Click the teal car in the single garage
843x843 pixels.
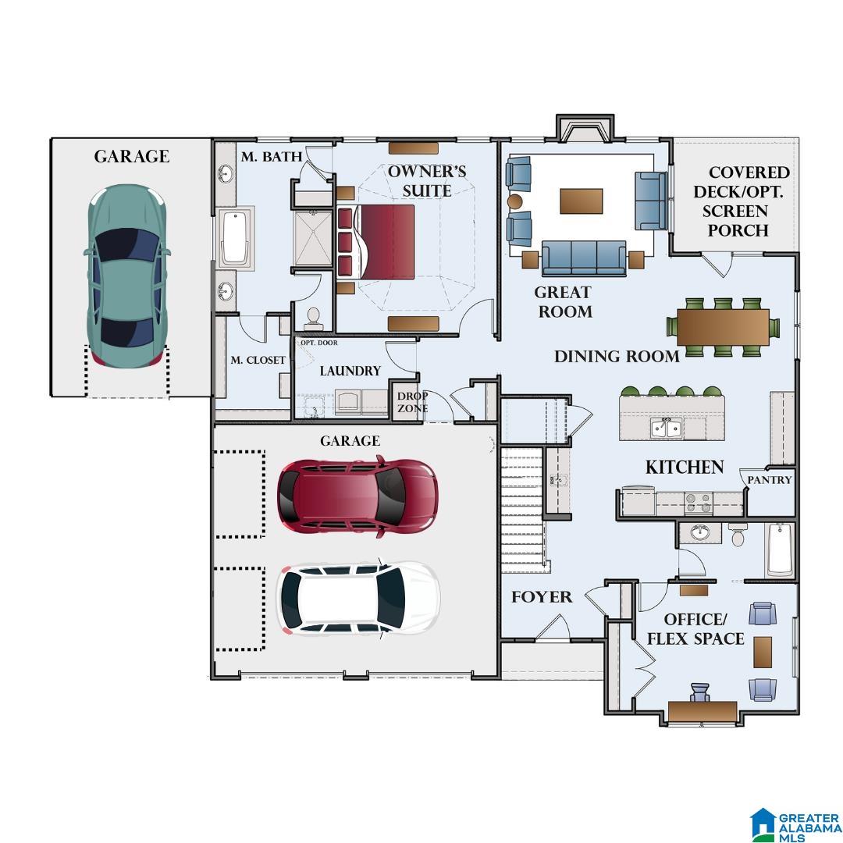click(127, 276)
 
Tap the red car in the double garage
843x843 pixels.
click(357, 498)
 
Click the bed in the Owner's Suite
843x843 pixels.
click(375, 242)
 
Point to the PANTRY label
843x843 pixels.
click(770, 479)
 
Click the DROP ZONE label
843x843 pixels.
click(412, 402)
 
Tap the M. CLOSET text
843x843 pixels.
click(258, 360)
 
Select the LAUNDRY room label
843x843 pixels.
click(350, 371)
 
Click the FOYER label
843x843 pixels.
click(542, 597)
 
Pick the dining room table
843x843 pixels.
click(723, 327)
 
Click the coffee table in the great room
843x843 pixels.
click(582, 201)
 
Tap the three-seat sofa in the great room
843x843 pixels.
click(584, 258)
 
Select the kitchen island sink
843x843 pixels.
click(667, 428)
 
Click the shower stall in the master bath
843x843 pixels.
click(314, 238)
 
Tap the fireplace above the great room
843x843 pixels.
click(585, 129)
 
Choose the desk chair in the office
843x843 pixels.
click(699, 693)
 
